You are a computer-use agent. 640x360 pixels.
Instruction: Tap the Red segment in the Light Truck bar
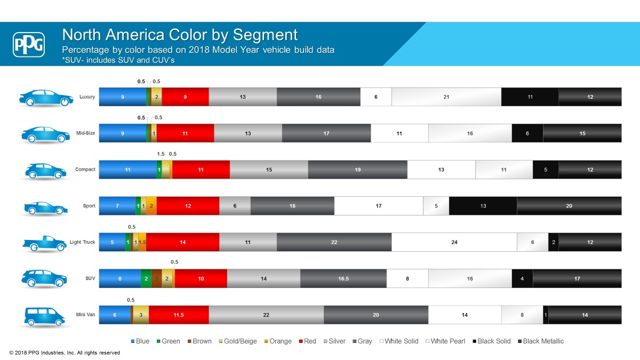point(182,242)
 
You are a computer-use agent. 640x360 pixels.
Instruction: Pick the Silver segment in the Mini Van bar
point(266,315)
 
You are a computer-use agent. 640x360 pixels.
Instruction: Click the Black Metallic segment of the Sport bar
point(569,206)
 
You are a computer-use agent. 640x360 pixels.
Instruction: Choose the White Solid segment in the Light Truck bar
point(454,242)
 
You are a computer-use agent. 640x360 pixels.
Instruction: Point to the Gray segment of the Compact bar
point(357,170)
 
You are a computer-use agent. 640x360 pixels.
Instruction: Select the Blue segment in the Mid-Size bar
point(123,133)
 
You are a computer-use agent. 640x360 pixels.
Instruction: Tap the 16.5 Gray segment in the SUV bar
point(343,278)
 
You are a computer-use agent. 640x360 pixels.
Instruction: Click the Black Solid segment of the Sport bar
point(483,206)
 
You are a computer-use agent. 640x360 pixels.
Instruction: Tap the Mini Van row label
point(85,315)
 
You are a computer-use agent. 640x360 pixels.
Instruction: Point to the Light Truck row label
point(82,242)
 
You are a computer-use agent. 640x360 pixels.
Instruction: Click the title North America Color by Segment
point(180,35)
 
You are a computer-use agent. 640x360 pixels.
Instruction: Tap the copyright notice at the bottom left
point(65,353)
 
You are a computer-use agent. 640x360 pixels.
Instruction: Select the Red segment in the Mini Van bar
point(179,315)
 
